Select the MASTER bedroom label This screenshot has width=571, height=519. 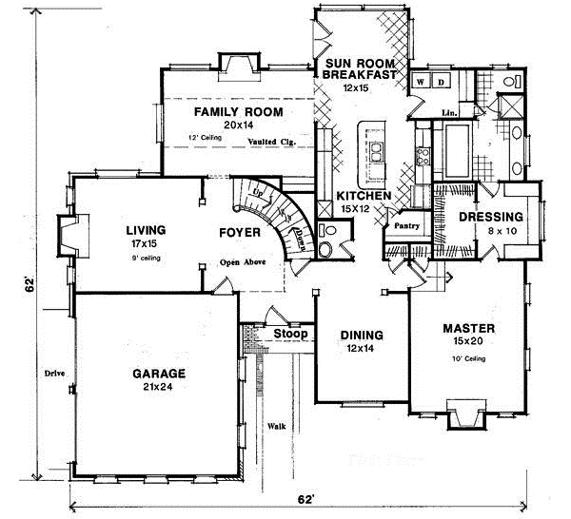[468, 329]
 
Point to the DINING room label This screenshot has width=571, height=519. [362, 336]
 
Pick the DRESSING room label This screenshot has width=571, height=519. [490, 217]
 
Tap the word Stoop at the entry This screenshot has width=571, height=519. [290, 335]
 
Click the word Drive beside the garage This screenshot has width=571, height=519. [55, 374]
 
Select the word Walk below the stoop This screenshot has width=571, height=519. [277, 426]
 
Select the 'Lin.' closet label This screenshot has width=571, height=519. [450, 113]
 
